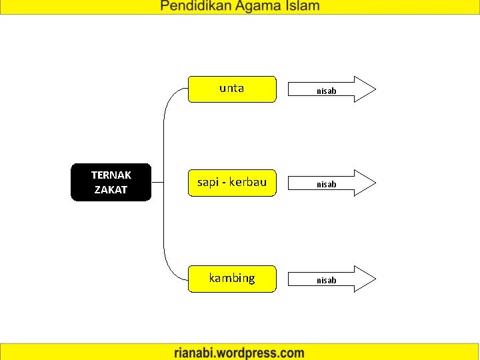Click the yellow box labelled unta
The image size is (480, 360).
point(232,89)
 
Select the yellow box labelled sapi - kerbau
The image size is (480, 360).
point(232,182)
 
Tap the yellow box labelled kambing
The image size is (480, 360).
point(232,278)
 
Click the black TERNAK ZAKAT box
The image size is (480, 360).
point(111,182)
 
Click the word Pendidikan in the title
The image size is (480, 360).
point(198,7)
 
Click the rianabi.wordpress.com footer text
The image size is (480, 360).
point(239,353)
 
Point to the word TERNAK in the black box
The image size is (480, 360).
point(111,175)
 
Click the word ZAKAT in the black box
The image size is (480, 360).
point(111,189)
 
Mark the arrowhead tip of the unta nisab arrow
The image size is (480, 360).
point(375,89)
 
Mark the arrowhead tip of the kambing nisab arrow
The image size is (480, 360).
point(375,279)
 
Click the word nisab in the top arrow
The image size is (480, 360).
point(326,91)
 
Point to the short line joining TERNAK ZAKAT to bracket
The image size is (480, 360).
point(158,182)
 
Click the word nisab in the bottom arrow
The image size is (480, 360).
point(326,280)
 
